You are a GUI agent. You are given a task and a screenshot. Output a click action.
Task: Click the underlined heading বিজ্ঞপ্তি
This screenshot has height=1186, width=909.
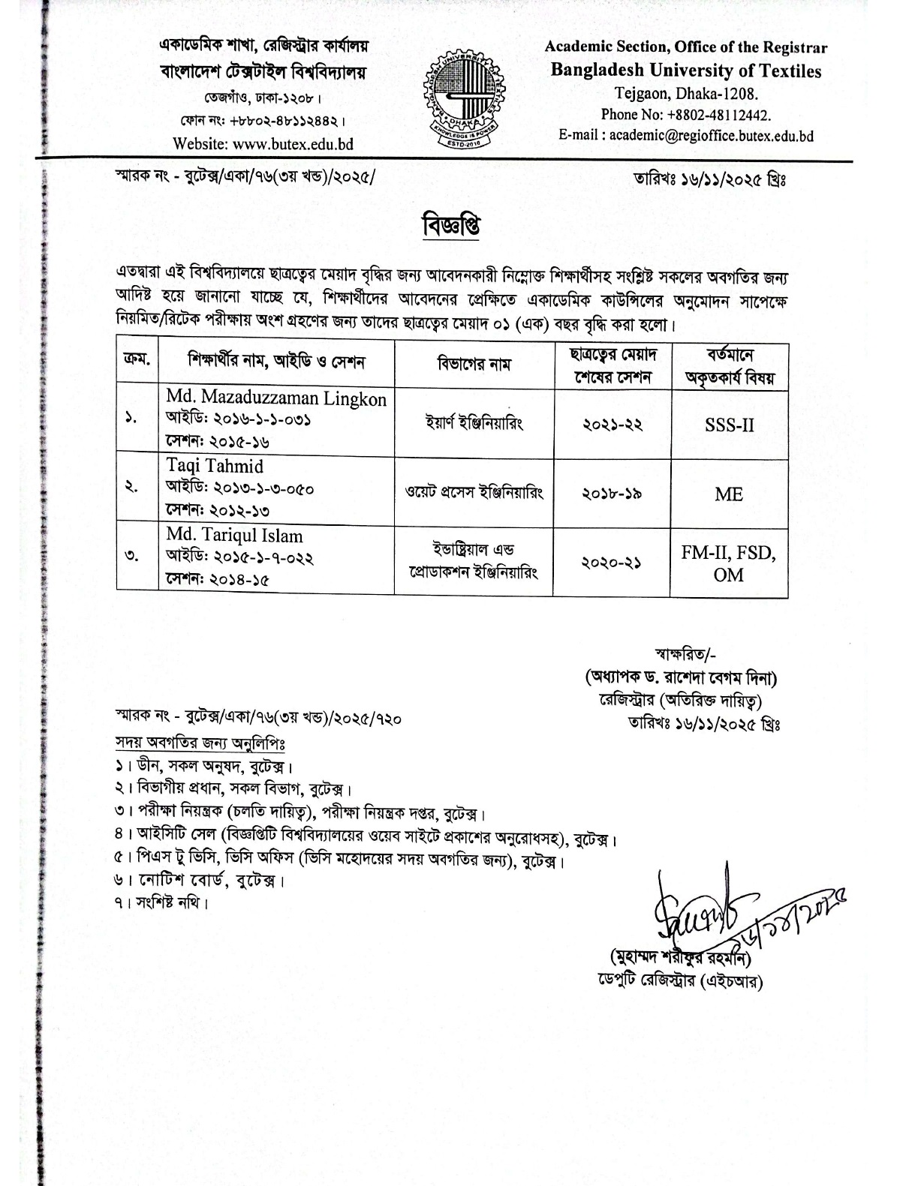pyautogui.click(x=451, y=224)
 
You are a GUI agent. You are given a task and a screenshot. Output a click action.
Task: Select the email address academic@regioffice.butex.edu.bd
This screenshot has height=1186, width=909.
pyautogui.click(x=711, y=136)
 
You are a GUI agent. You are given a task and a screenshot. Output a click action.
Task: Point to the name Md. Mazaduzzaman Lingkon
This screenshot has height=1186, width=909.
pyautogui.click(x=276, y=398)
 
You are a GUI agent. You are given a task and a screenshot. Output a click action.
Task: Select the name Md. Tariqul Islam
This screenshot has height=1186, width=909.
pyautogui.click(x=235, y=536)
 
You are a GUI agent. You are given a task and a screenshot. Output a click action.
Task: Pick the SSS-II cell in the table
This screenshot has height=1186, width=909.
pyautogui.click(x=729, y=425)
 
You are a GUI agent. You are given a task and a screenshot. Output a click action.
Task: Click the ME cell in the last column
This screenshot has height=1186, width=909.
pyautogui.click(x=729, y=494)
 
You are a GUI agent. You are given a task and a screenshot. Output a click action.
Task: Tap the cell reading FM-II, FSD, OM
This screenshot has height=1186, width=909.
pyautogui.click(x=729, y=563)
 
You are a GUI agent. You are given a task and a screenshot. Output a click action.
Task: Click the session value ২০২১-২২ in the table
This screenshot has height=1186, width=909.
pyautogui.click(x=612, y=425)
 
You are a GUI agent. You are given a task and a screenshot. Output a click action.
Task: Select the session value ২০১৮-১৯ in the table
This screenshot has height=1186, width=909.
pyautogui.click(x=612, y=494)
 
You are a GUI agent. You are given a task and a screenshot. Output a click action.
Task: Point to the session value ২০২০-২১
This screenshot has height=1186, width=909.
pyautogui.click(x=612, y=563)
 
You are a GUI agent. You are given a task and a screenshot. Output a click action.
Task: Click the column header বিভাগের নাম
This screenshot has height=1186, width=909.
pyautogui.click(x=474, y=365)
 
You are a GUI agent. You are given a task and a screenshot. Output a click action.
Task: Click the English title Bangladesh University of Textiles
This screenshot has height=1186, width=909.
pyautogui.click(x=686, y=71)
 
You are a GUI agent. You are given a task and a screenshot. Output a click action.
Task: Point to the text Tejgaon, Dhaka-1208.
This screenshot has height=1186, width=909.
pyautogui.click(x=686, y=94)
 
